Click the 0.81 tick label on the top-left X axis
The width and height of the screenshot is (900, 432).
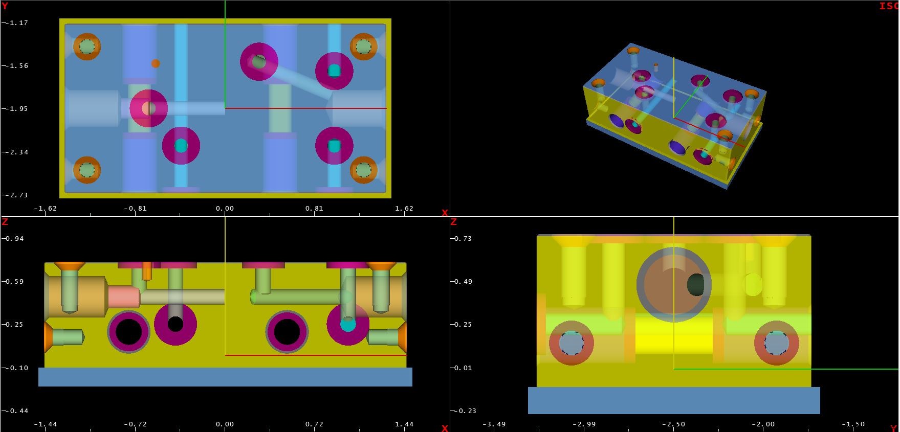[x=314, y=209]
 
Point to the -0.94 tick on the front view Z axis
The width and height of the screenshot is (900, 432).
[x=15, y=239]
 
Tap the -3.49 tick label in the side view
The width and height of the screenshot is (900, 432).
[x=494, y=424]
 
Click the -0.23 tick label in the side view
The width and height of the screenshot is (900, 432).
[x=466, y=411]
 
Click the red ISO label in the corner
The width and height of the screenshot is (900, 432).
[x=889, y=6]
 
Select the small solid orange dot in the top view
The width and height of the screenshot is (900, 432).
[x=156, y=63]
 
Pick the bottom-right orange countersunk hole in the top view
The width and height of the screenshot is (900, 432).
[x=363, y=169]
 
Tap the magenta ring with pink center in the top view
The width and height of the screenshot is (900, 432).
[x=148, y=108]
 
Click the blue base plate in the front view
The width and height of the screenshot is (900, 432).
[x=225, y=377]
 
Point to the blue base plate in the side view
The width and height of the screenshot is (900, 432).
[x=673, y=400]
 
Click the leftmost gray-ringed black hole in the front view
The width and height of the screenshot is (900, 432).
[x=129, y=332]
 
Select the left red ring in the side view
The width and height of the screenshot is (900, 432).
[x=571, y=343]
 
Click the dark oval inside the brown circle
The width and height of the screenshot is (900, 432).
[x=696, y=285]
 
